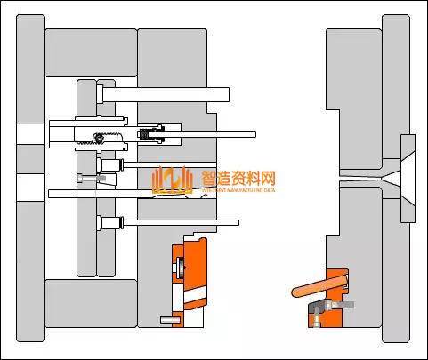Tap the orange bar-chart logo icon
pos(172,180)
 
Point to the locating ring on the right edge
pos(408,178)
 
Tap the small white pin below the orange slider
pos(166,319)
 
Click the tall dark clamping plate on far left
pos(30,178)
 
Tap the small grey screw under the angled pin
pos(343,305)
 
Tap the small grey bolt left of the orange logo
pos(90,179)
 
